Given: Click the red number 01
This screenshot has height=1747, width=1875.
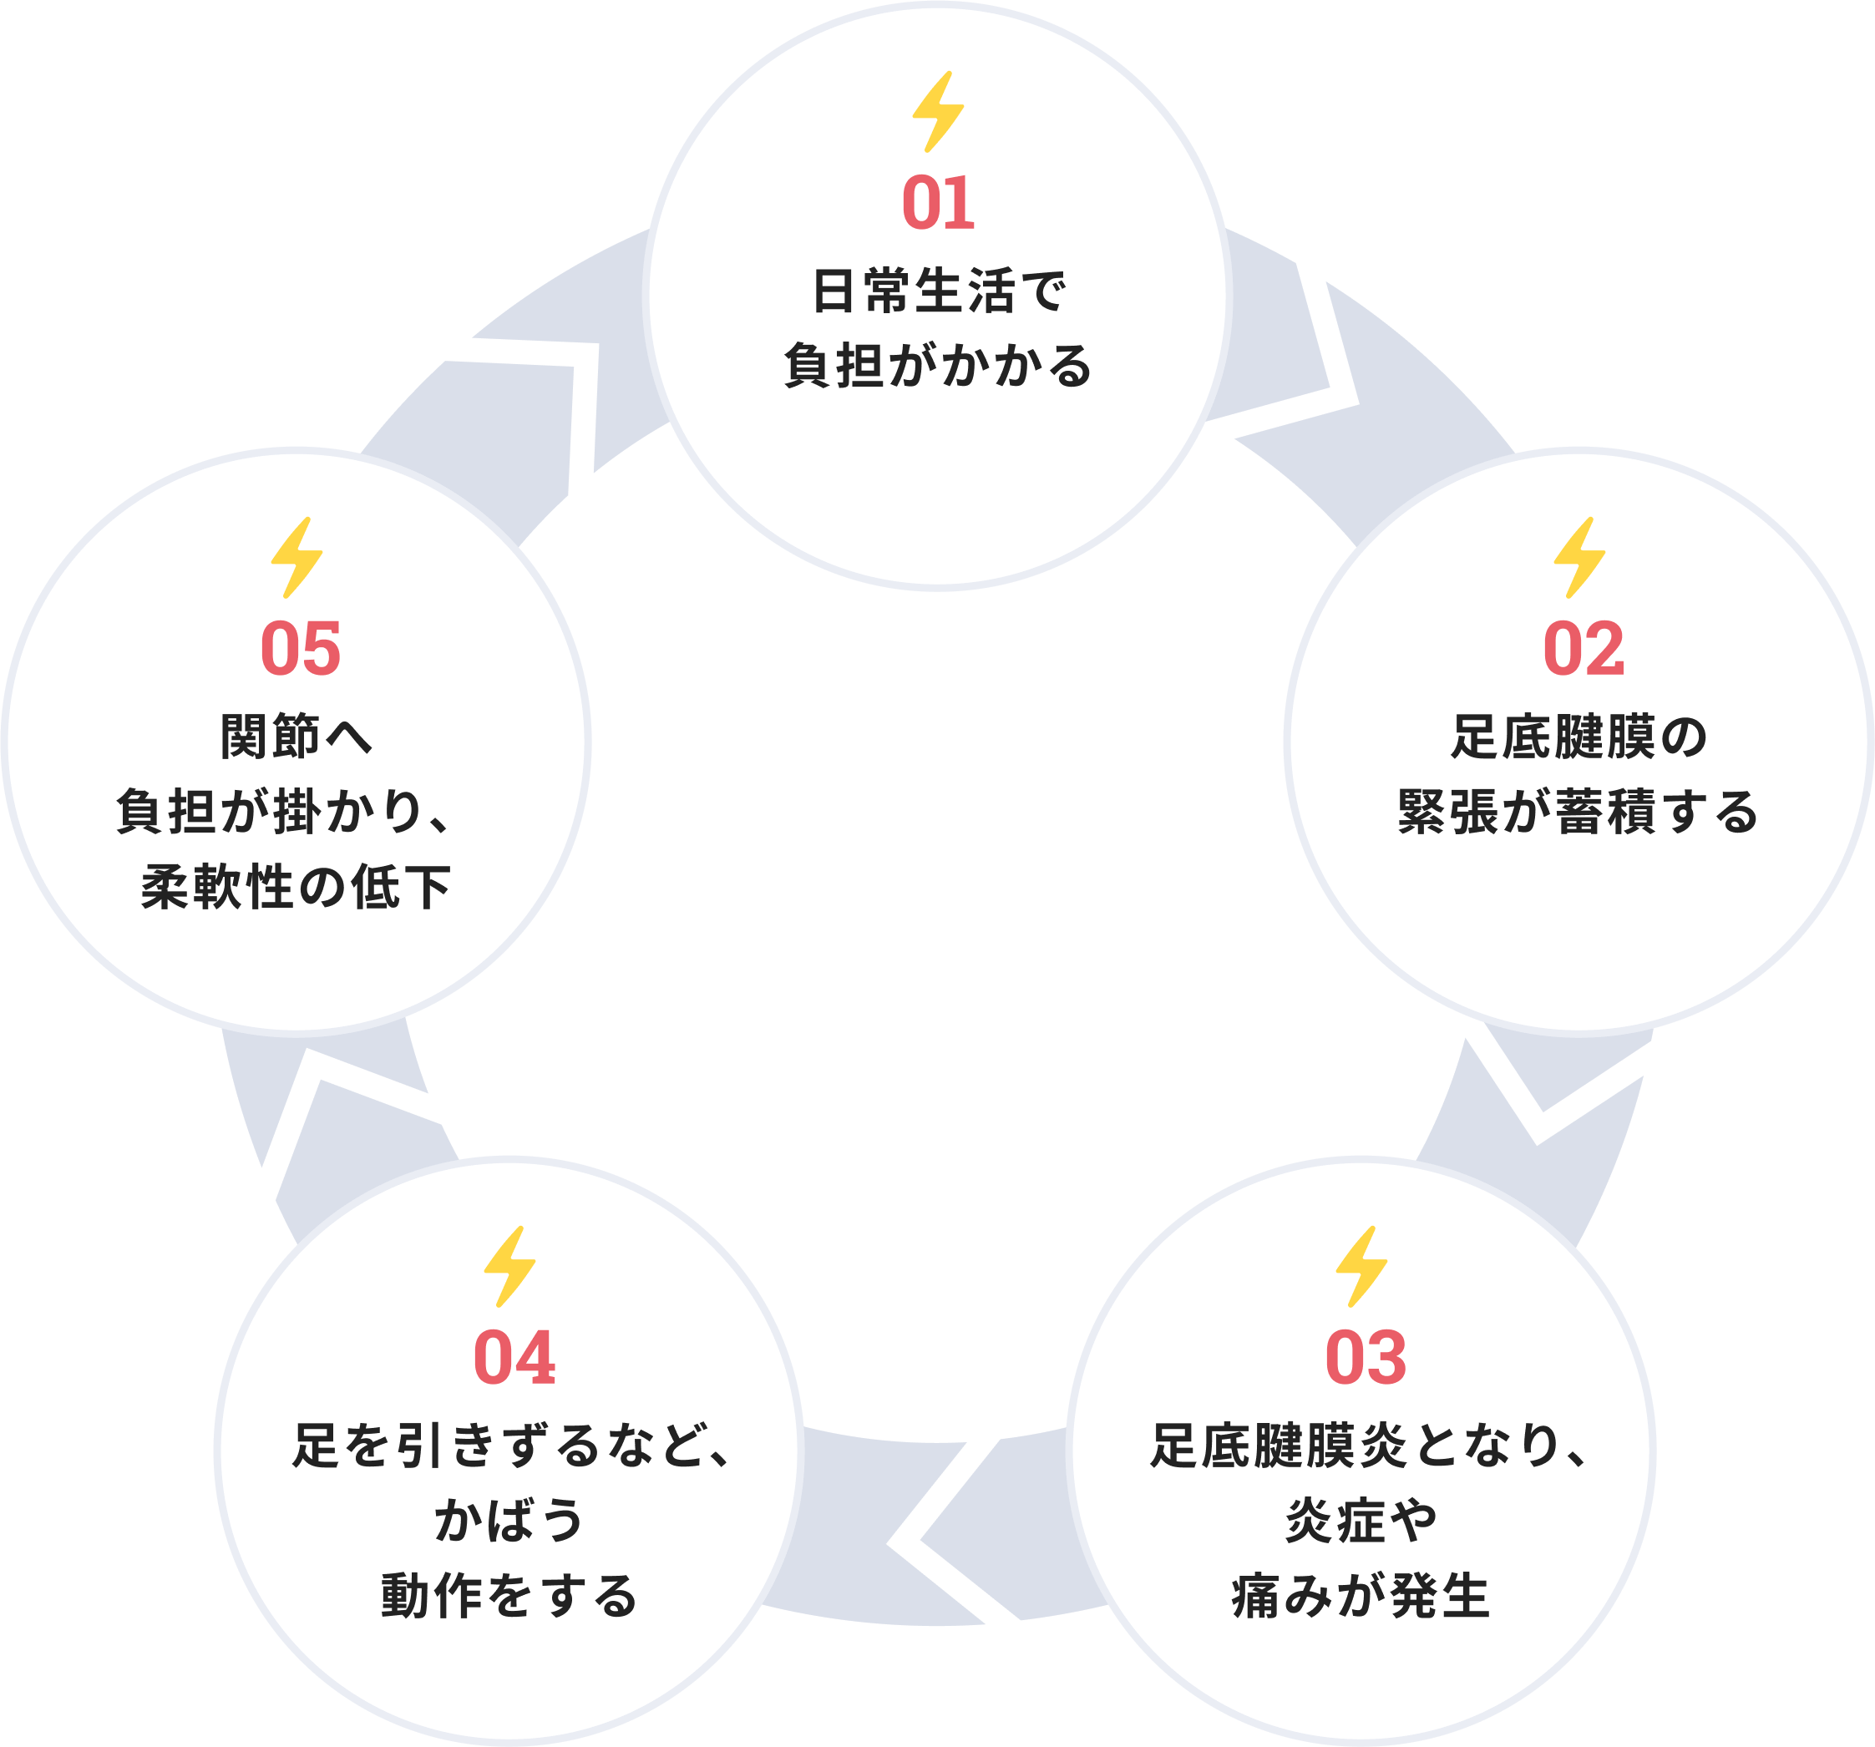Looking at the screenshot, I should [937, 203].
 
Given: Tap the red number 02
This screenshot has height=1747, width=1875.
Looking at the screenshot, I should [1584, 649].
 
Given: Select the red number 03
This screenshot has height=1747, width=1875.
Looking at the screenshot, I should [1366, 1358].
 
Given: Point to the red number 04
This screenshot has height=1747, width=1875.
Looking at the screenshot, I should [514, 1358].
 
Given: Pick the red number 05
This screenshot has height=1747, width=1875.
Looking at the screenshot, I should [300, 649].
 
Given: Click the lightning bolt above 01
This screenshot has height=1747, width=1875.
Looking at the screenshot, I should [937, 111].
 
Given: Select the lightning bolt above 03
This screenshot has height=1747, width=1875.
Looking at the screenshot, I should [1362, 1266].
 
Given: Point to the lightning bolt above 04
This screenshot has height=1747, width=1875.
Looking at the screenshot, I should [509, 1266].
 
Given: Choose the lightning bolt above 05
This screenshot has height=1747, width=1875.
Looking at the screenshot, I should [296, 557].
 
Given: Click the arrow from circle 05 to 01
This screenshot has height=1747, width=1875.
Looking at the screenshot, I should [528, 415].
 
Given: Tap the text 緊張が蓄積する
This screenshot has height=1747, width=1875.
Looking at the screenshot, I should [1578, 812].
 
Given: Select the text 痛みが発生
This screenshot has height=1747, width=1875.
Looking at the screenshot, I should [1361, 1596].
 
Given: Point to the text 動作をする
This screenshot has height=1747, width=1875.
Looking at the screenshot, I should [509, 1596].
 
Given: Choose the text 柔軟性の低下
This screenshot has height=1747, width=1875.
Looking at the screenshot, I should [296, 887].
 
